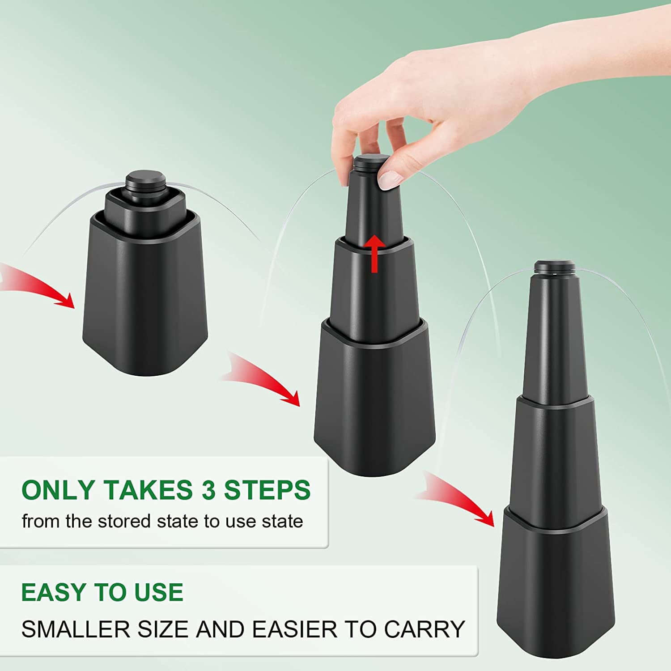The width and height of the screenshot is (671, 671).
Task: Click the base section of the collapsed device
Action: coord(145,295)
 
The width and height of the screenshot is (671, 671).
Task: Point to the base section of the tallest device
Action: coord(553,584)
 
